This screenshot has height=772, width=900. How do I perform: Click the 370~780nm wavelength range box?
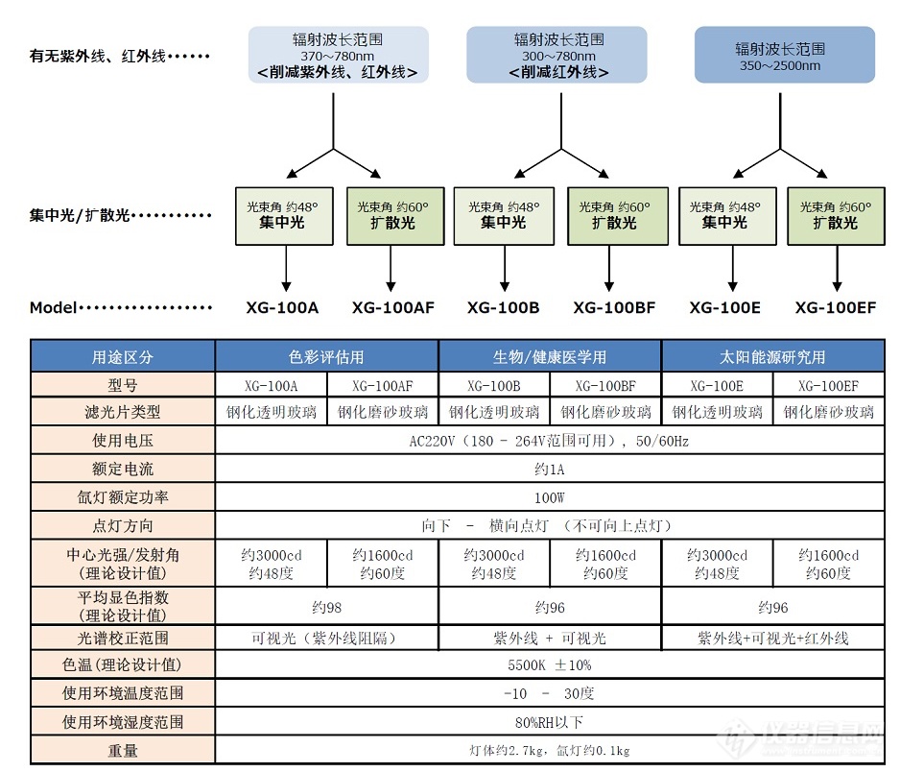coord(338,55)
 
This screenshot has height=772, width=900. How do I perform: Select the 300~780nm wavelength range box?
coord(557,55)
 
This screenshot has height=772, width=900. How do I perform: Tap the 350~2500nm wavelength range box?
coord(785,55)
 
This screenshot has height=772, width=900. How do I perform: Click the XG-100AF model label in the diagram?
coord(393,308)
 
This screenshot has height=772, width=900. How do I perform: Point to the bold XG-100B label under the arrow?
coord(504,308)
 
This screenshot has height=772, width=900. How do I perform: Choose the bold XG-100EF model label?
coord(836,308)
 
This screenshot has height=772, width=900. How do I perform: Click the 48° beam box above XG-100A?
coord(284,216)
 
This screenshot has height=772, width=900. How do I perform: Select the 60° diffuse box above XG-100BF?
coord(618,216)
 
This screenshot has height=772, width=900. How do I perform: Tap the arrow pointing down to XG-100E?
coord(732,268)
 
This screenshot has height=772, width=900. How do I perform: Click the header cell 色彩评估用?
coord(326,356)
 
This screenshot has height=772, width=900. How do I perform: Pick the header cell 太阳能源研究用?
coord(772,356)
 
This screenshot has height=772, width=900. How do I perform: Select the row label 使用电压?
coord(123,441)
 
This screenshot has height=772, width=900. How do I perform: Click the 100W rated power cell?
coord(549,497)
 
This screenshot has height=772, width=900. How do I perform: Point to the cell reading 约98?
coord(326,607)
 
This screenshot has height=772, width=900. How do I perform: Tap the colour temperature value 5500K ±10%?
coord(549,665)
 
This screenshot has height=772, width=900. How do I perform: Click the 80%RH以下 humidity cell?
coord(549,722)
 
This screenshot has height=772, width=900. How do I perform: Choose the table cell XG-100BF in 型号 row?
coord(605,385)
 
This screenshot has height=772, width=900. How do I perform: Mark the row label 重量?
coord(123,750)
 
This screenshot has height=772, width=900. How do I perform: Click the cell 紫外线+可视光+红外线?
coord(772,639)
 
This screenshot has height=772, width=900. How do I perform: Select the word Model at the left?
coord(53,308)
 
